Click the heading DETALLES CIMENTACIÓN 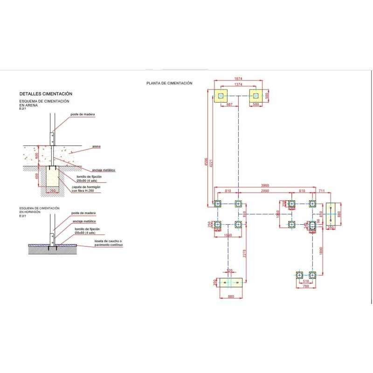click(46, 94)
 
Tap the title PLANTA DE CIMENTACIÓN click(169, 83)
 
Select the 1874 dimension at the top click(238, 79)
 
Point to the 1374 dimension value click(238, 84)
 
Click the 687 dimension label click(229, 105)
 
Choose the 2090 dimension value click(264, 192)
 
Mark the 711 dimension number click(321, 192)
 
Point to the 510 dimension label click(306, 282)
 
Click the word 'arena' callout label click(97, 146)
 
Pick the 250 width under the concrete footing click(53, 191)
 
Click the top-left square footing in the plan click(221, 96)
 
